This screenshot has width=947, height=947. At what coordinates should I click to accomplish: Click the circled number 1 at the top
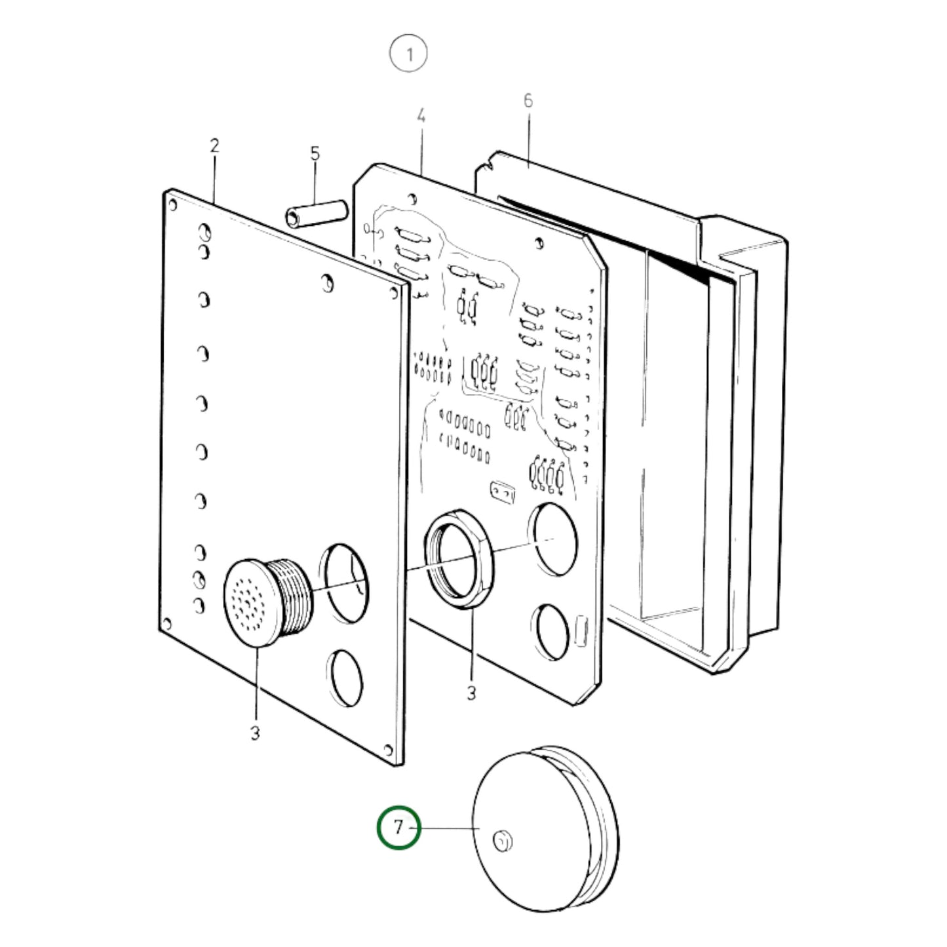pyautogui.click(x=408, y=54)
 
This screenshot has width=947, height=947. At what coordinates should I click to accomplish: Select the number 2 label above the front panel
pyautogui.click(x=214, y=146)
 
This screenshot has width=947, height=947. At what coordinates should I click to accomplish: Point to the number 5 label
pyautogui.click(x=315, y=154)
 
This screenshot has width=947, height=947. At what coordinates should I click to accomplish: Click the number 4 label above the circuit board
pyautogui.click(x=421, y=117)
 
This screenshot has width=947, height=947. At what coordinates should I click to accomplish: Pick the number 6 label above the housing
pyautogui.click(x=528, y=101)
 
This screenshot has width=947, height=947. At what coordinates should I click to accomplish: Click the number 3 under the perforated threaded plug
pyautogui.click(x=254, y=733)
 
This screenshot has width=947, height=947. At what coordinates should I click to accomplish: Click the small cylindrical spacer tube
pyautogui.click(x=317, y=214)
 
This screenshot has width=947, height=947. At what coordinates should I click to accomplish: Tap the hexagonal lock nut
pyautogui.click(x=459, y=559)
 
